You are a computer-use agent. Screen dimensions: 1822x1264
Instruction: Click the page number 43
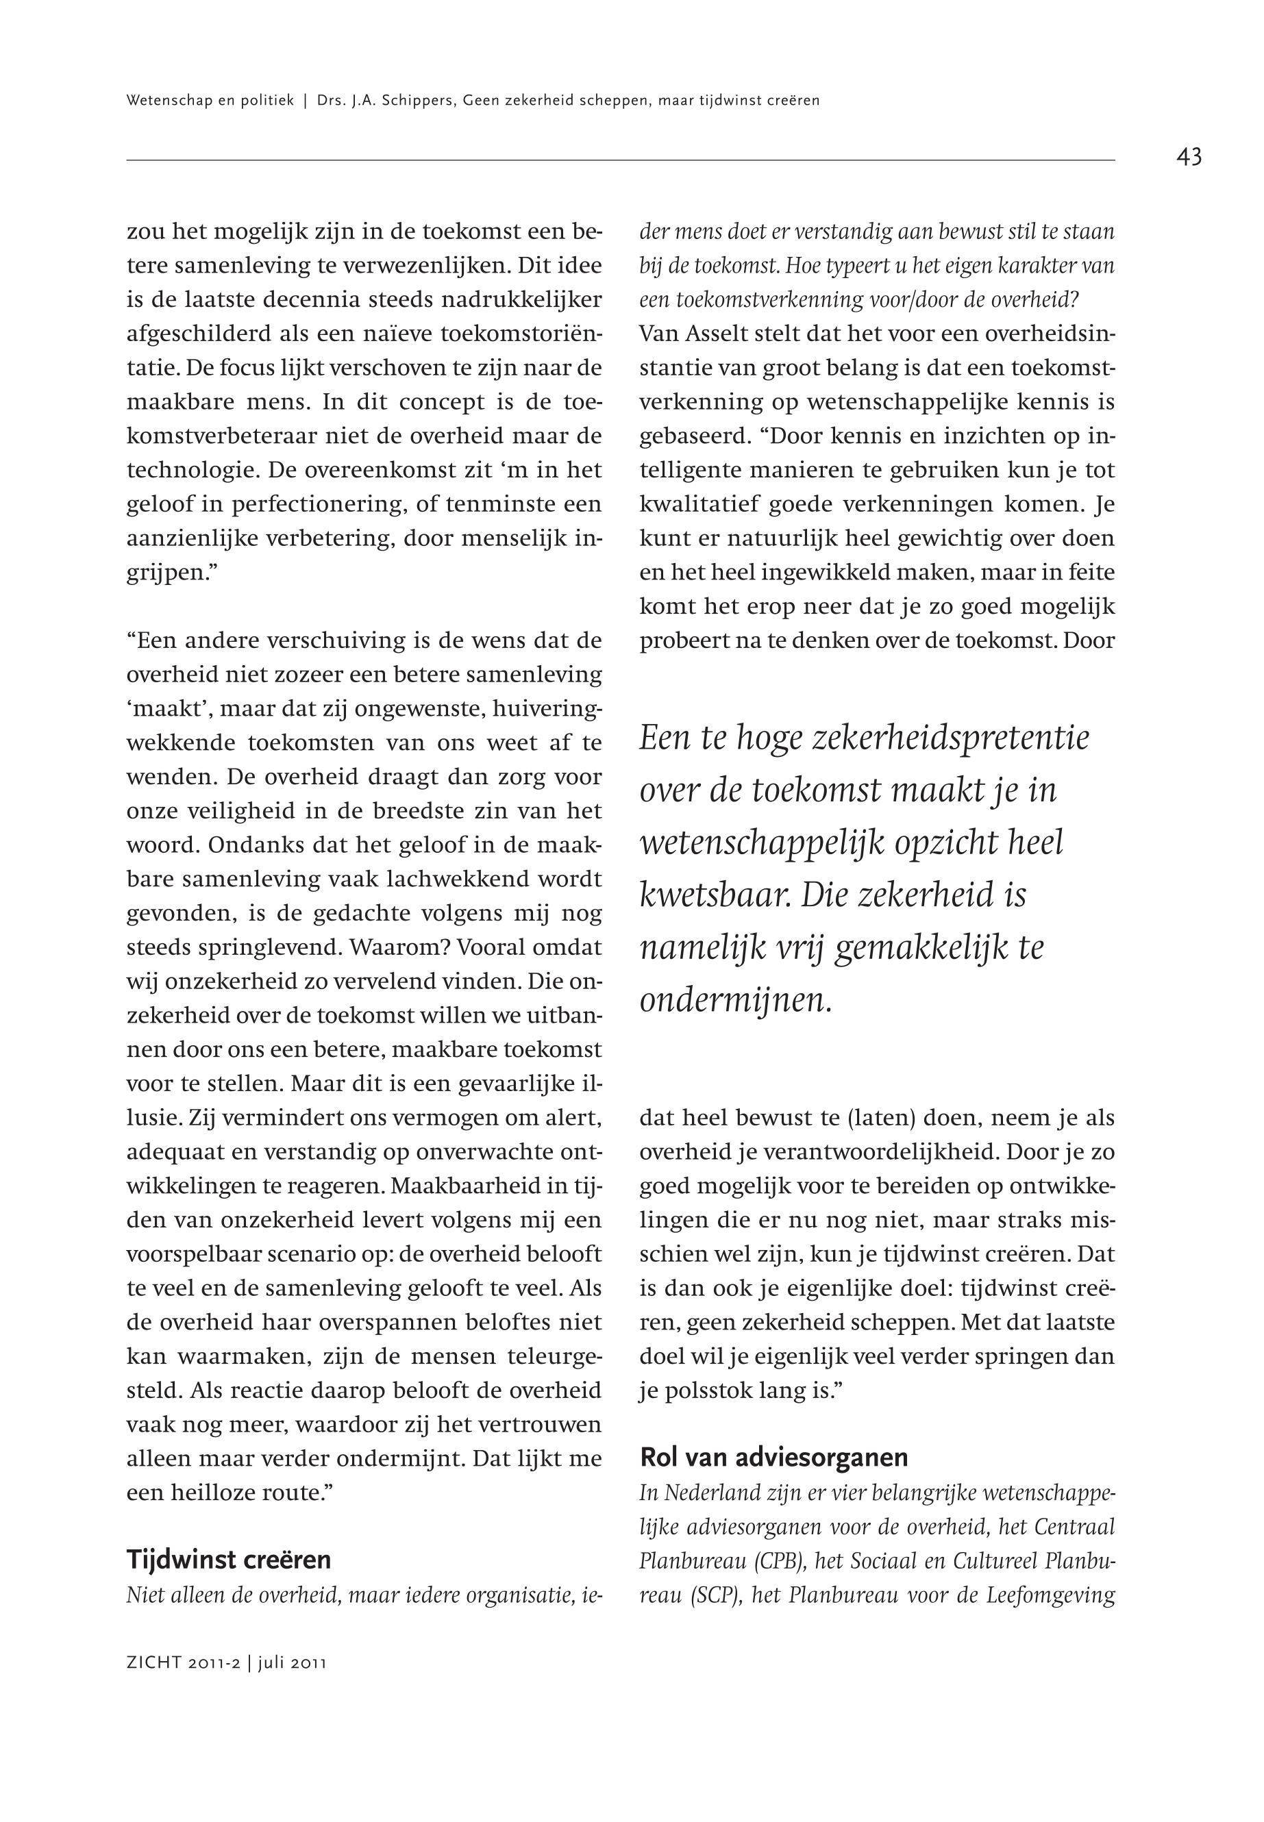1189,158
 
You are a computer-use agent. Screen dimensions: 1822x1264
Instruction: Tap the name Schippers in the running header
412,101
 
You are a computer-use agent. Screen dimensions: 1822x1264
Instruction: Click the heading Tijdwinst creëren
228,1560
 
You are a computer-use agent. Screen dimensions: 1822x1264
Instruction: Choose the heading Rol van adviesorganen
773,1457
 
